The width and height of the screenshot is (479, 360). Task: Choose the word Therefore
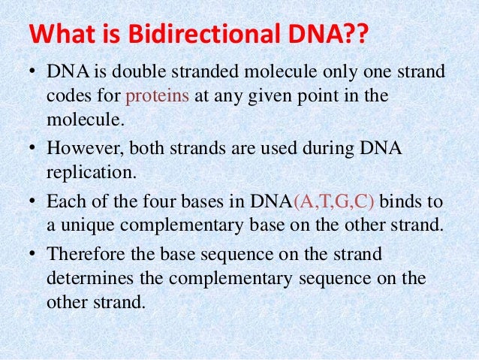point(83,256)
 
